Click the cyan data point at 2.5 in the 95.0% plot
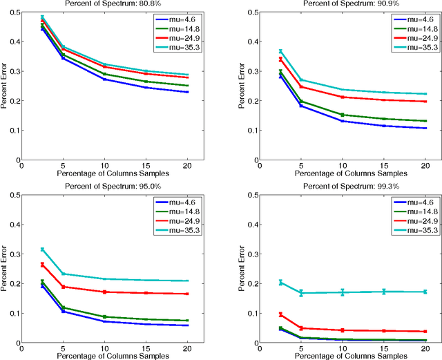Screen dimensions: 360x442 tap(42, 249)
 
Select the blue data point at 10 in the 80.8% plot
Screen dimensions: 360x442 tap(104, 79)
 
